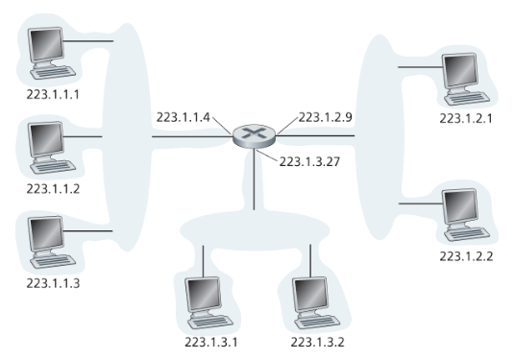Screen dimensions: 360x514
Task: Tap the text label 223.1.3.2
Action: pos(318,341)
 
